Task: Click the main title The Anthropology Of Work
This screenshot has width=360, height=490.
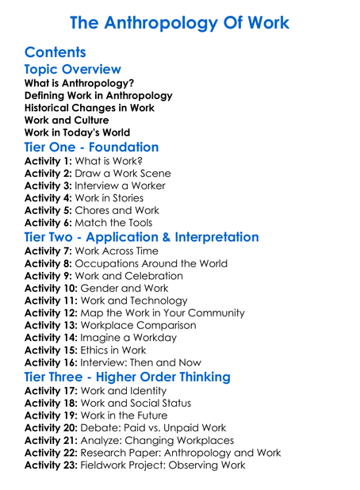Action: coord(180,22)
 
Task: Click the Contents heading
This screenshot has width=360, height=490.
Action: coord(55,52)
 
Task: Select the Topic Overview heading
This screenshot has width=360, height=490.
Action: coord(72,70)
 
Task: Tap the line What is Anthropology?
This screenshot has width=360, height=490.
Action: coord(79,82)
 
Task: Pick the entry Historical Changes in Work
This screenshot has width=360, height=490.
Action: coord(90,108)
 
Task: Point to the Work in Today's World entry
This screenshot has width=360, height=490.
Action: coord(78,132)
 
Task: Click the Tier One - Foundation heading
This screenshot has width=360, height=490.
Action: coord(91,147)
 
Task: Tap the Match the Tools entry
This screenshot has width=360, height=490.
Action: coord(119,223)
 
